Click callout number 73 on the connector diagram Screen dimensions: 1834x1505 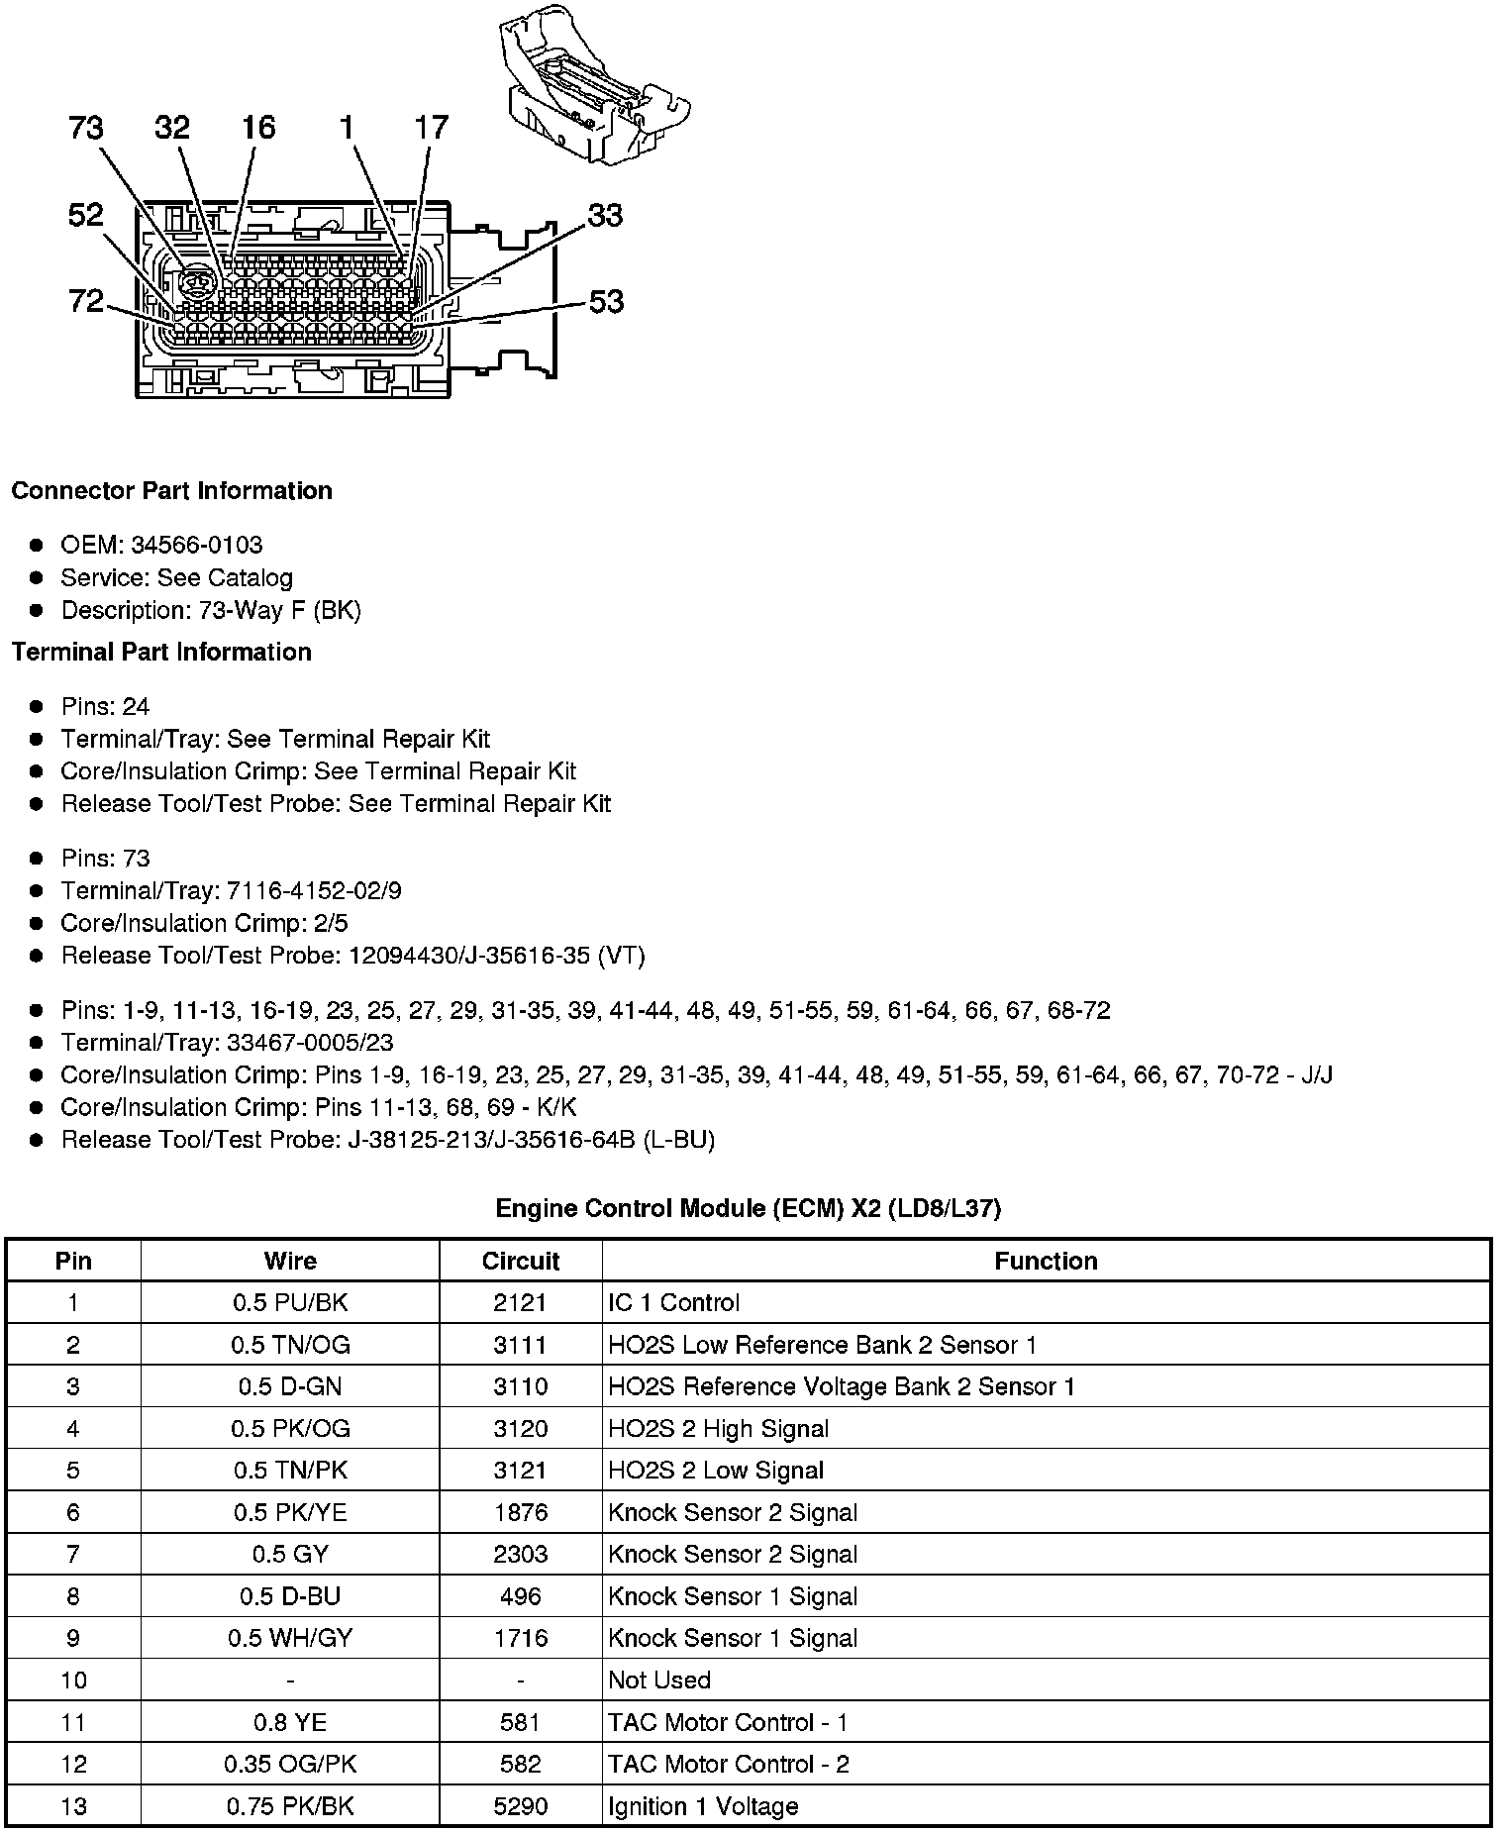tap(86, 128)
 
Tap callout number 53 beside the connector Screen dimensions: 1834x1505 tap(606, 301)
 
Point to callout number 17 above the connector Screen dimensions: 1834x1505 tap(431, 127)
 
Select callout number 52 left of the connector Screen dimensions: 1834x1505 tap(86, 215)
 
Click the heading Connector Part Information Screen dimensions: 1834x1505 tap(171, 491)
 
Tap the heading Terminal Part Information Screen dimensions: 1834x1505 tap(161, 652)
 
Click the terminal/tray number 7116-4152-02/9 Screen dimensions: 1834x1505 tap(314, 890)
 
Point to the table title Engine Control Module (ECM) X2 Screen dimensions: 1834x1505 tap(748, 1208)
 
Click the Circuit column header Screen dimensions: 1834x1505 tap(520, 1261)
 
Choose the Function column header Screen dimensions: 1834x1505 tap(1046, 1261)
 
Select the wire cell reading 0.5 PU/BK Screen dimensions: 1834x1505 tap(290, 1302)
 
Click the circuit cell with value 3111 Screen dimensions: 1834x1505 tap(520, 1345)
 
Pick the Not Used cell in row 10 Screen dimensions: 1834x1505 tap(659, 1681)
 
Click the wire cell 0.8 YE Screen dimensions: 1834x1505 tap(290, 1722)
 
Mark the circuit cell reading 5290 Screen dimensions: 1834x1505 tap(520, 1806)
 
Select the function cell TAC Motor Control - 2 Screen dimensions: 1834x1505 tap(729, 1764)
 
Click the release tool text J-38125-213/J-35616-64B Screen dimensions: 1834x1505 tap(491, 1140)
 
